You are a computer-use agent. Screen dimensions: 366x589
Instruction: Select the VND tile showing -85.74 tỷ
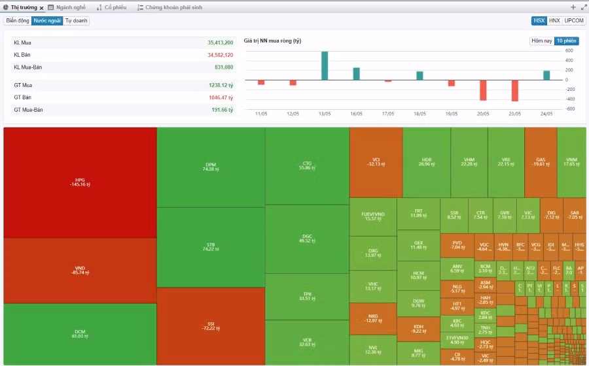click(x=80, y=270)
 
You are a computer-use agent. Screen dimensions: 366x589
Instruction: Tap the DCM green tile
click(x=80, y=333)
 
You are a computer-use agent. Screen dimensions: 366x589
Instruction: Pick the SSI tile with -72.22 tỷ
click(x=211, y=325)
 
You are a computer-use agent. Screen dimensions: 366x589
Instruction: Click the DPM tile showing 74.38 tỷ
click(x=211, y=167)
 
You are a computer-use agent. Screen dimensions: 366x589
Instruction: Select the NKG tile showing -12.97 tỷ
click(x=372, y=318)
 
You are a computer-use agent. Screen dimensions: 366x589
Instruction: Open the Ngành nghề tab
click(x=69, y=7)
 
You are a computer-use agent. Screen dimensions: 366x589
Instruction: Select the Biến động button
click(x=18, y=21)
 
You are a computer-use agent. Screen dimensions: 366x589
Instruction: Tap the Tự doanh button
click(x=77, y=21)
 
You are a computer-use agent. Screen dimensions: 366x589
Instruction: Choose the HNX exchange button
click(x=554, y=21)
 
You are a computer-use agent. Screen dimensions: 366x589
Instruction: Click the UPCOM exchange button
click(x=574, y=21)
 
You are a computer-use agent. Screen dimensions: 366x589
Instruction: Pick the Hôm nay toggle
click(x=541, y=41)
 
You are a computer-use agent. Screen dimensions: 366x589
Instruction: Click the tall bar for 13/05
click(x=325, y=65)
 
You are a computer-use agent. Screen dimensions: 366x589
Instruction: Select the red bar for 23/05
click(x=515, y=90)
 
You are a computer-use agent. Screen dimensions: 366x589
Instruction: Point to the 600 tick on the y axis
click(x=569, y=50)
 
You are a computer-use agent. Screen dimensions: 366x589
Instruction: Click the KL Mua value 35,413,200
click(x=220, y=42)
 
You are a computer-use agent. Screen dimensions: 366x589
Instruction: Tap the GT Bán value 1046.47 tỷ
click(x=221, y=97)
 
